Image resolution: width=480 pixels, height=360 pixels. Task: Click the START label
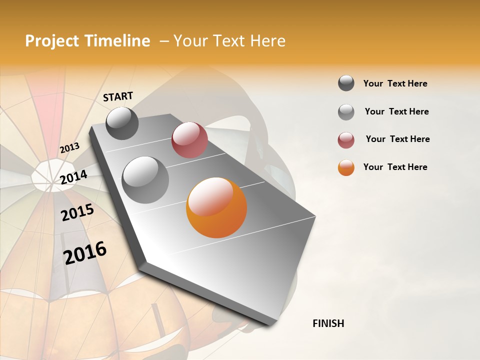coord(118,96)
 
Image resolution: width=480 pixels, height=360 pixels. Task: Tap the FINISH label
coord(328,323)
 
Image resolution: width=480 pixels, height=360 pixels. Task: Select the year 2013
coord(69,147)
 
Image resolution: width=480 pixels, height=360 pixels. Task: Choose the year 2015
coord(77,212)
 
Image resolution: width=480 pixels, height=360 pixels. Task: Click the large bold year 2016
coord(85,252)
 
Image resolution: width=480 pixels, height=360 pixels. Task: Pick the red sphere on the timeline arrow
coord(189,140)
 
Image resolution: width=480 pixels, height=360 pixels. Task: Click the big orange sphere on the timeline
coord(216,207)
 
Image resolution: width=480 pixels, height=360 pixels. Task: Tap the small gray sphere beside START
coord(122,123)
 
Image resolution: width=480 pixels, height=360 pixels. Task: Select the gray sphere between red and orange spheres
coord(145,179)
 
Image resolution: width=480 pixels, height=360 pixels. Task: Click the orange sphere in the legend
coord(346,167)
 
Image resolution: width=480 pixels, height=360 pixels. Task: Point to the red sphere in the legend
coord(346,140)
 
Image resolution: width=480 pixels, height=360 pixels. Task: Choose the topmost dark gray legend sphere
coord(346,83)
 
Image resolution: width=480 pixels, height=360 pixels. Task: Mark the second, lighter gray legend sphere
coord(346,111)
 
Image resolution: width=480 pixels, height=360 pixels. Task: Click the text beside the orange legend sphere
coord(395,167)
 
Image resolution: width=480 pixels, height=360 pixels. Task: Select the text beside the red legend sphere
coord(397,139)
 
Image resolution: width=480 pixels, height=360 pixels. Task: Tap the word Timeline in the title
coord(117,41)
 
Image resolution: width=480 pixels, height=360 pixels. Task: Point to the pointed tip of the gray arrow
coord(270,324)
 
